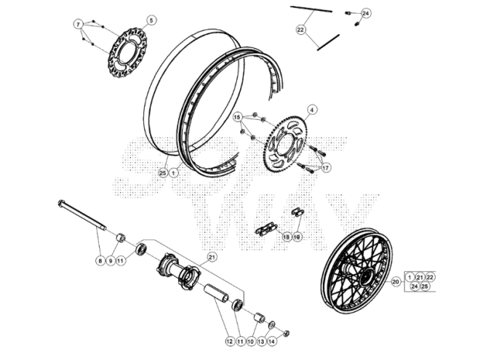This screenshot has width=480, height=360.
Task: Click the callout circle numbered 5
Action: tap(151, 20)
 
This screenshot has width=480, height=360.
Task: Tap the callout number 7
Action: tap(79, 24)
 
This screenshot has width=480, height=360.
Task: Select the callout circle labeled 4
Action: tap(311, 110)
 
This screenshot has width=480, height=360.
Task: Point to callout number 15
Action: tap(237, 117)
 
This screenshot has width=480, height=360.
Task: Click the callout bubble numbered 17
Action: tap(325, 168)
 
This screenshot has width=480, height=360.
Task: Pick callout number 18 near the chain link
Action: tap(286, 237)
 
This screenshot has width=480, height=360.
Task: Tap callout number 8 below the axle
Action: tap(100, 260)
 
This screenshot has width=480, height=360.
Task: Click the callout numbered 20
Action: tap(396, 281)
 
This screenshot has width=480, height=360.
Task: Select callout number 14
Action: tap(271, 340)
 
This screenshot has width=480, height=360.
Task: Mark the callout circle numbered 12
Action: tap(228, 340)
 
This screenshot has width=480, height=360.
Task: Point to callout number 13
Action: tap(260, 340)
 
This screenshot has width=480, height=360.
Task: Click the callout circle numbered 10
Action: tap(250, 340)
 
